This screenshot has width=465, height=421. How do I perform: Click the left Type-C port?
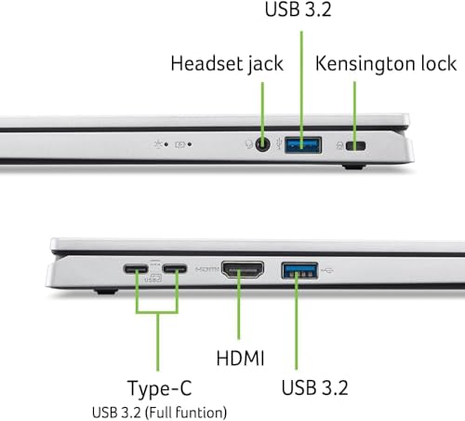click(137, 273)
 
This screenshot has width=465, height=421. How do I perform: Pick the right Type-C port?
click(175, 273)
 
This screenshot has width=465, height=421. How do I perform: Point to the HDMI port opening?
click(242, 273)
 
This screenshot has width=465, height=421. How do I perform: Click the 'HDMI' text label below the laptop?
click(241, 358)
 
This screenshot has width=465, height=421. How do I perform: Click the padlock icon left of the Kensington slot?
click(343, 145)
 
